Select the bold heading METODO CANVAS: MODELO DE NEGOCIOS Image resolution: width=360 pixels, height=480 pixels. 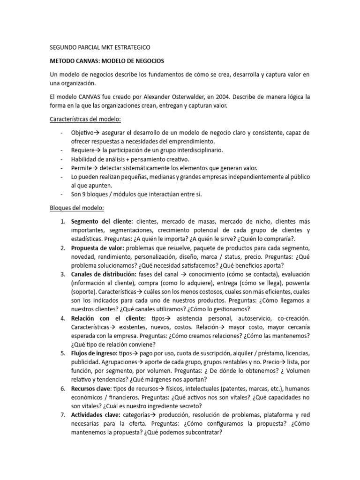pos(107,61)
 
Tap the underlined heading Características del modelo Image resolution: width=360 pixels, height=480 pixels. pos(85,119)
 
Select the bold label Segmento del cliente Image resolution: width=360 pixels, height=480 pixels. pos(102,221)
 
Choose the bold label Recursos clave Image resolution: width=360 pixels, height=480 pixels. pos(91,389)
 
